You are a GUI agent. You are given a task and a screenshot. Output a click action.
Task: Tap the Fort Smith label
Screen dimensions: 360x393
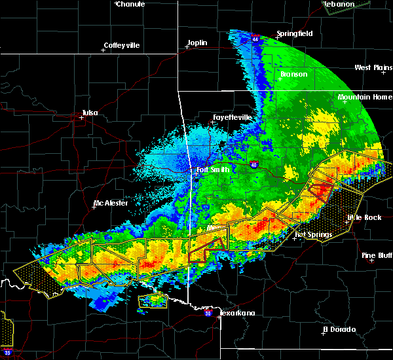(x=212, y=170)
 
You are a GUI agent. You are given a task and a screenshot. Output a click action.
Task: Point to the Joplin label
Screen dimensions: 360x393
(x=197, y=43)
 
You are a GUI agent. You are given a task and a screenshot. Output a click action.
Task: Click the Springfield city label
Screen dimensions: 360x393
(x=295, y=33)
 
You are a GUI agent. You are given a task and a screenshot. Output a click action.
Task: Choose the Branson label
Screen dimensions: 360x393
(x=293, y=74)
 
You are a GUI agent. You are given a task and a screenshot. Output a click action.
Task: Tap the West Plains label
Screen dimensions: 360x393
(x=373, y=67)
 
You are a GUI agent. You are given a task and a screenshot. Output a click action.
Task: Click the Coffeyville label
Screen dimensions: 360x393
(x=122, y=45)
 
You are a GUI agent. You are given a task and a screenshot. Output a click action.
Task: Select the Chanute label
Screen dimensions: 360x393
(x=130, y=4)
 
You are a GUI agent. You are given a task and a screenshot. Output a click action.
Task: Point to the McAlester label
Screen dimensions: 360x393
(x=111, y=203)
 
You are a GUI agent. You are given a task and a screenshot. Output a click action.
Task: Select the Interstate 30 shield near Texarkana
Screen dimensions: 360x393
(x=208, y=314)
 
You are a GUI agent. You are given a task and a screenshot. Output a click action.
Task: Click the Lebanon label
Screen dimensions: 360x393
(x=340, y=4)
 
